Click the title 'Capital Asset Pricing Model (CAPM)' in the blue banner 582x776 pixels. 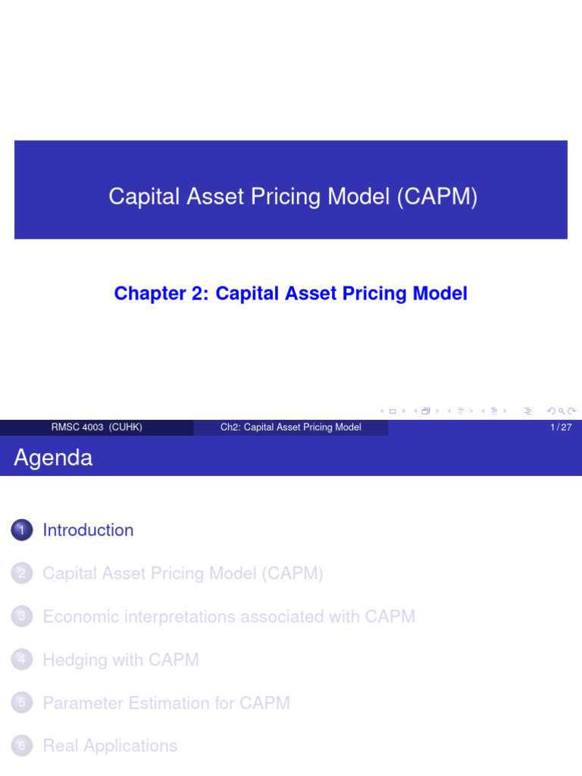coord(293,197)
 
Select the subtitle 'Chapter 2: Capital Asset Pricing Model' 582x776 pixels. coord(291,293)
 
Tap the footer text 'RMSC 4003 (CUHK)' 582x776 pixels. coord(96,427)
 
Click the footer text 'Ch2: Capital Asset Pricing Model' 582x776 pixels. coord(291,427)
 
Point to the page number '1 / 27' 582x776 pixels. coord(561,427)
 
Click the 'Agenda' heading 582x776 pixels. coord(53,458)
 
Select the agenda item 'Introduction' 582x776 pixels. coord(88,530)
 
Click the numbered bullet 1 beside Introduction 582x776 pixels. coord(22,530)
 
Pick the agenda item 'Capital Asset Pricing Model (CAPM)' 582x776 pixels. coord(183,574)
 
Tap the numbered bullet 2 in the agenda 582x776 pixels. coord(22,574)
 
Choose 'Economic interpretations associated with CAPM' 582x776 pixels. coord(229,617)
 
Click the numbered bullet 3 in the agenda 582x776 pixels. coord(22,617)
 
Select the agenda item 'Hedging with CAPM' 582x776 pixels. coord(120,660)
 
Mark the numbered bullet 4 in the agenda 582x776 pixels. coord(22,660)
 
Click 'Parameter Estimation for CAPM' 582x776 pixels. coord(166,703)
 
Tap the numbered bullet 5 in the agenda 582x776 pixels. coord(22,703)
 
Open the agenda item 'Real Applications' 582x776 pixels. coord(110,746)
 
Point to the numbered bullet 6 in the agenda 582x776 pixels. coord(22,746)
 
